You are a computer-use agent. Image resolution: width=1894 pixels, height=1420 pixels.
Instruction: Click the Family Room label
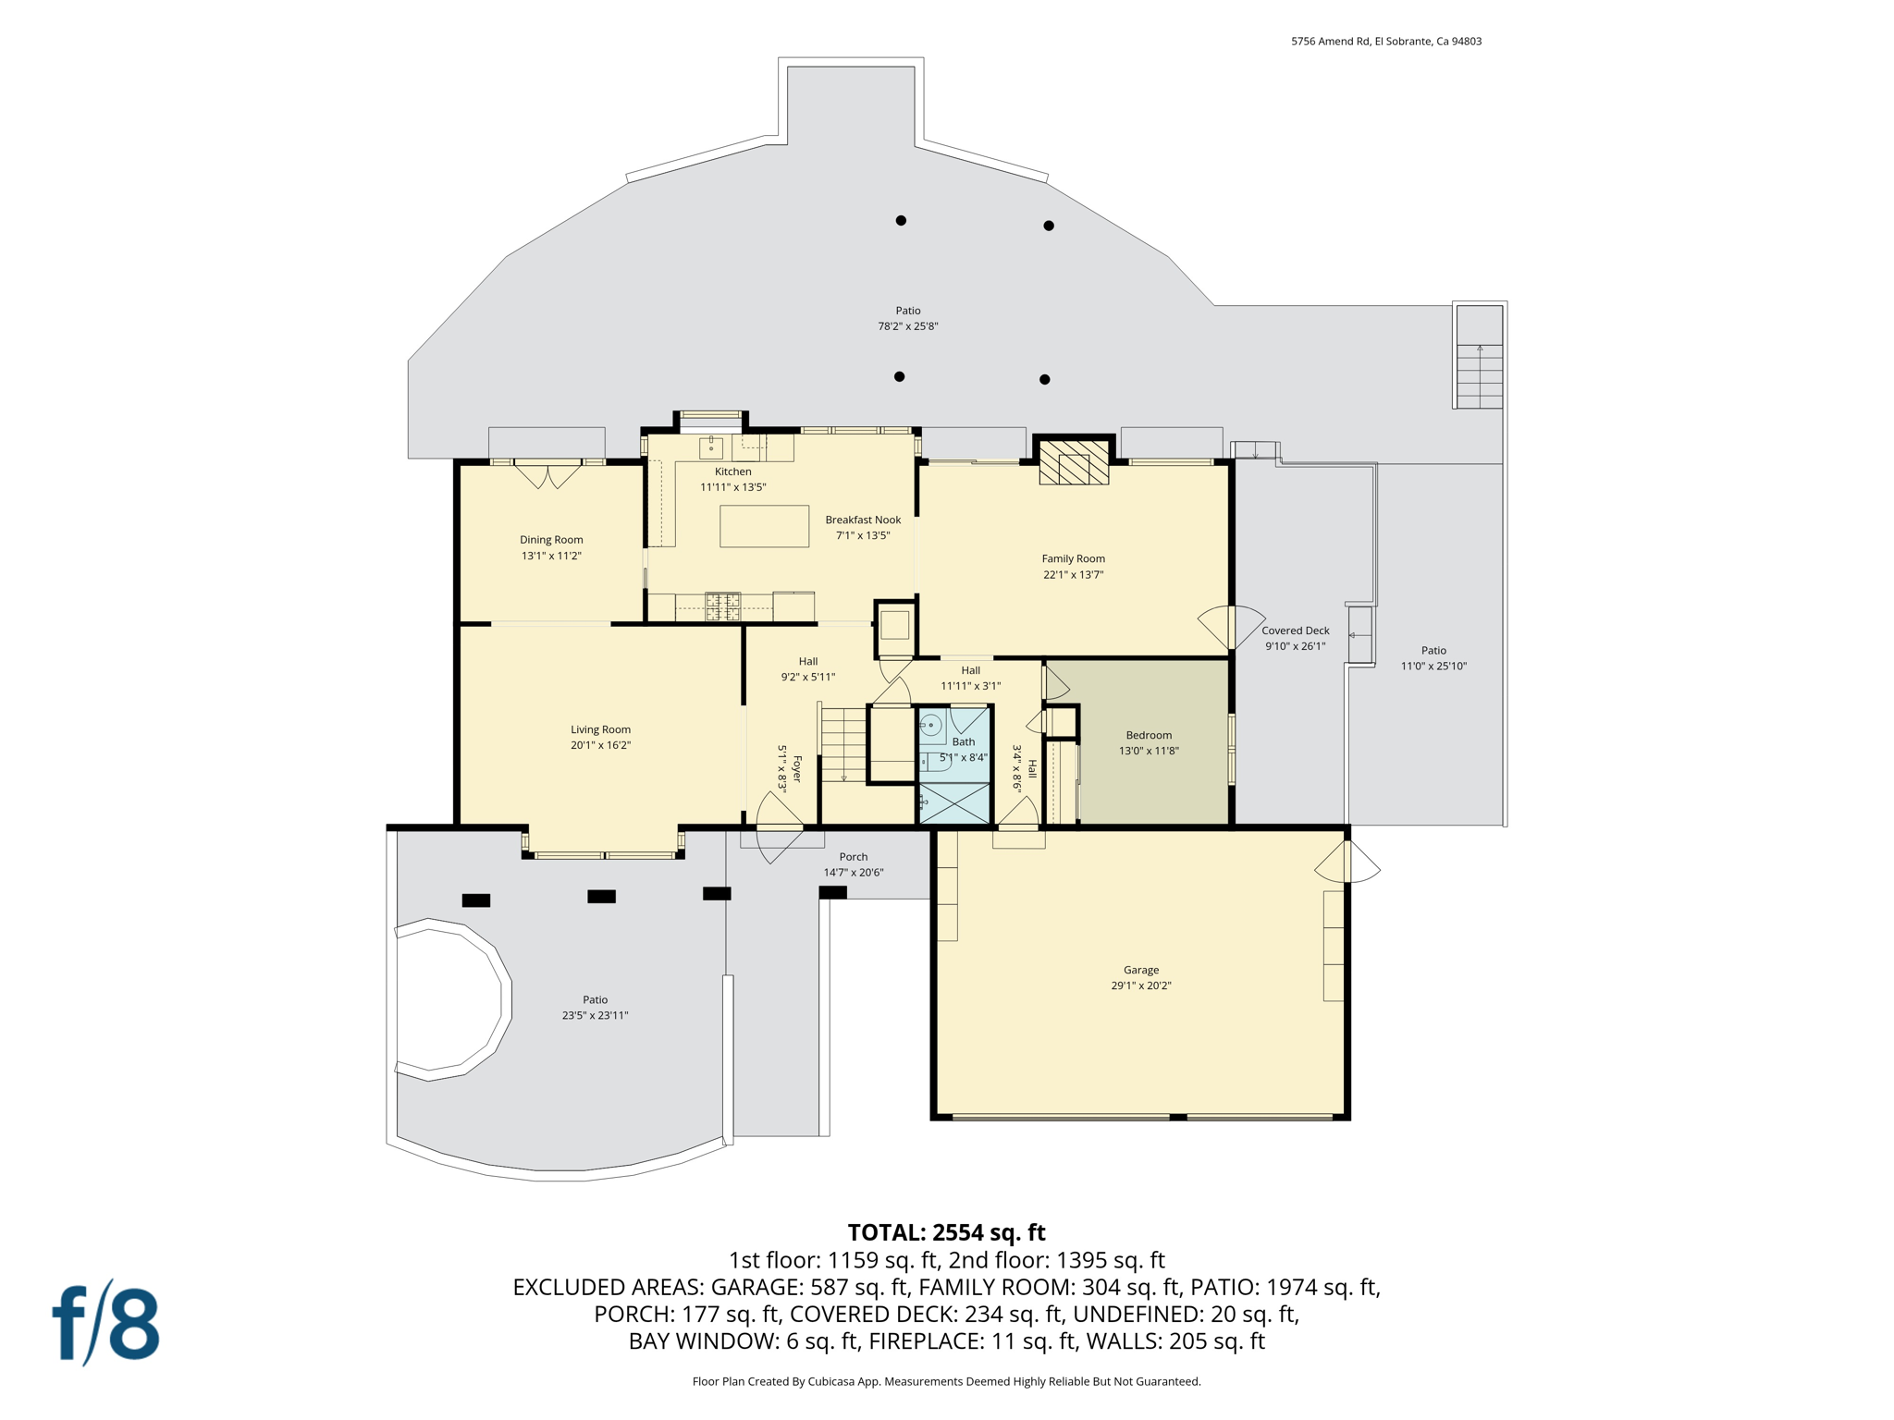[x=1073, y=558]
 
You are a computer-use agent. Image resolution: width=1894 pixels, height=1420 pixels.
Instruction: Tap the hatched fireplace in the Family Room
[x=1074, y=461]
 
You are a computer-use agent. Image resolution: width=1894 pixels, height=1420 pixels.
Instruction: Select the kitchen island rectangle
[x=764, y=526]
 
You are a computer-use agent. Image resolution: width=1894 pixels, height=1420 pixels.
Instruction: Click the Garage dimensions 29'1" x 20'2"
[x=1140, y=985]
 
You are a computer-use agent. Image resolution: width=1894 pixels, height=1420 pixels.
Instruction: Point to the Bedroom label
[x=1149, y=735]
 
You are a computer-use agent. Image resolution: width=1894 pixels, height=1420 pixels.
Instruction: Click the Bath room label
[x=963, y=741]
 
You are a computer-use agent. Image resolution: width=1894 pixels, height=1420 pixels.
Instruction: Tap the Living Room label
[x=600, y=729]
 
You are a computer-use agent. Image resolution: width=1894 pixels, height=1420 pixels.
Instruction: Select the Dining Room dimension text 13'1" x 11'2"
[x=551, y=556]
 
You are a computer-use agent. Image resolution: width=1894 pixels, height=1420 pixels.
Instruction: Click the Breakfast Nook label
[x=863, y=520]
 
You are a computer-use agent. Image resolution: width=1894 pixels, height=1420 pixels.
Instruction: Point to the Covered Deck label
[x=1295, y=630]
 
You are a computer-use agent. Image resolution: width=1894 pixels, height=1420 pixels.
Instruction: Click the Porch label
[x=853, y=857]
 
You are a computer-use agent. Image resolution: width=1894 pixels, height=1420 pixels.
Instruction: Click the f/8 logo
[x=105, y=1323]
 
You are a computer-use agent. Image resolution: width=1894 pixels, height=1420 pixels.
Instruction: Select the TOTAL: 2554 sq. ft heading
[x=946, y=1232]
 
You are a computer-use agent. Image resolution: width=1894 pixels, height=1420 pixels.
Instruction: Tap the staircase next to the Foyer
[x=843, y=744]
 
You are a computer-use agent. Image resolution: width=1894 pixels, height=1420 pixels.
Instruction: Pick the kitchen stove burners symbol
[x=723, y=606]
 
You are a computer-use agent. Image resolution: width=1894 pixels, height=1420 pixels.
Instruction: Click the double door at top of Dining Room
[x=548, y=475]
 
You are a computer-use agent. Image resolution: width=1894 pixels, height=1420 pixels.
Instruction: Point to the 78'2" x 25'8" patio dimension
[x=907, y=326]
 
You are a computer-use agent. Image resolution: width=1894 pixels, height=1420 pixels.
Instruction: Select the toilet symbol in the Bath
[x=930, y=726]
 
